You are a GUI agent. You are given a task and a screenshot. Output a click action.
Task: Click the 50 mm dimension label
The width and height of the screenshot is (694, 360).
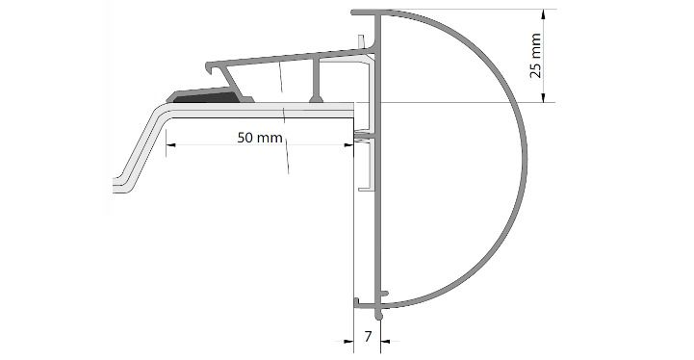pos(260,138)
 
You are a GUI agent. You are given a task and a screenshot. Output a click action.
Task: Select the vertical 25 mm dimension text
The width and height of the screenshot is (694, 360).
pos(535,56)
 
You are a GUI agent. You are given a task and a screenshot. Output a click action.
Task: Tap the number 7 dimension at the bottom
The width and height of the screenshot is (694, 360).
pos(368,337)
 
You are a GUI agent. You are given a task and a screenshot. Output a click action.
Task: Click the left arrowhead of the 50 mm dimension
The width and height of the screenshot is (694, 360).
pos(170,144)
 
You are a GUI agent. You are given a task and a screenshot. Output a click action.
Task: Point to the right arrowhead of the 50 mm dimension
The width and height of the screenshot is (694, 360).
pos(348,144)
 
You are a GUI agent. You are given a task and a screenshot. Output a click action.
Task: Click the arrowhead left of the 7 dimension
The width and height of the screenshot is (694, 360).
pos(348,341)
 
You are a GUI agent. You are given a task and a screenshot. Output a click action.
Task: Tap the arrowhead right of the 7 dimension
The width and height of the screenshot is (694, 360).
pos(385,341)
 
